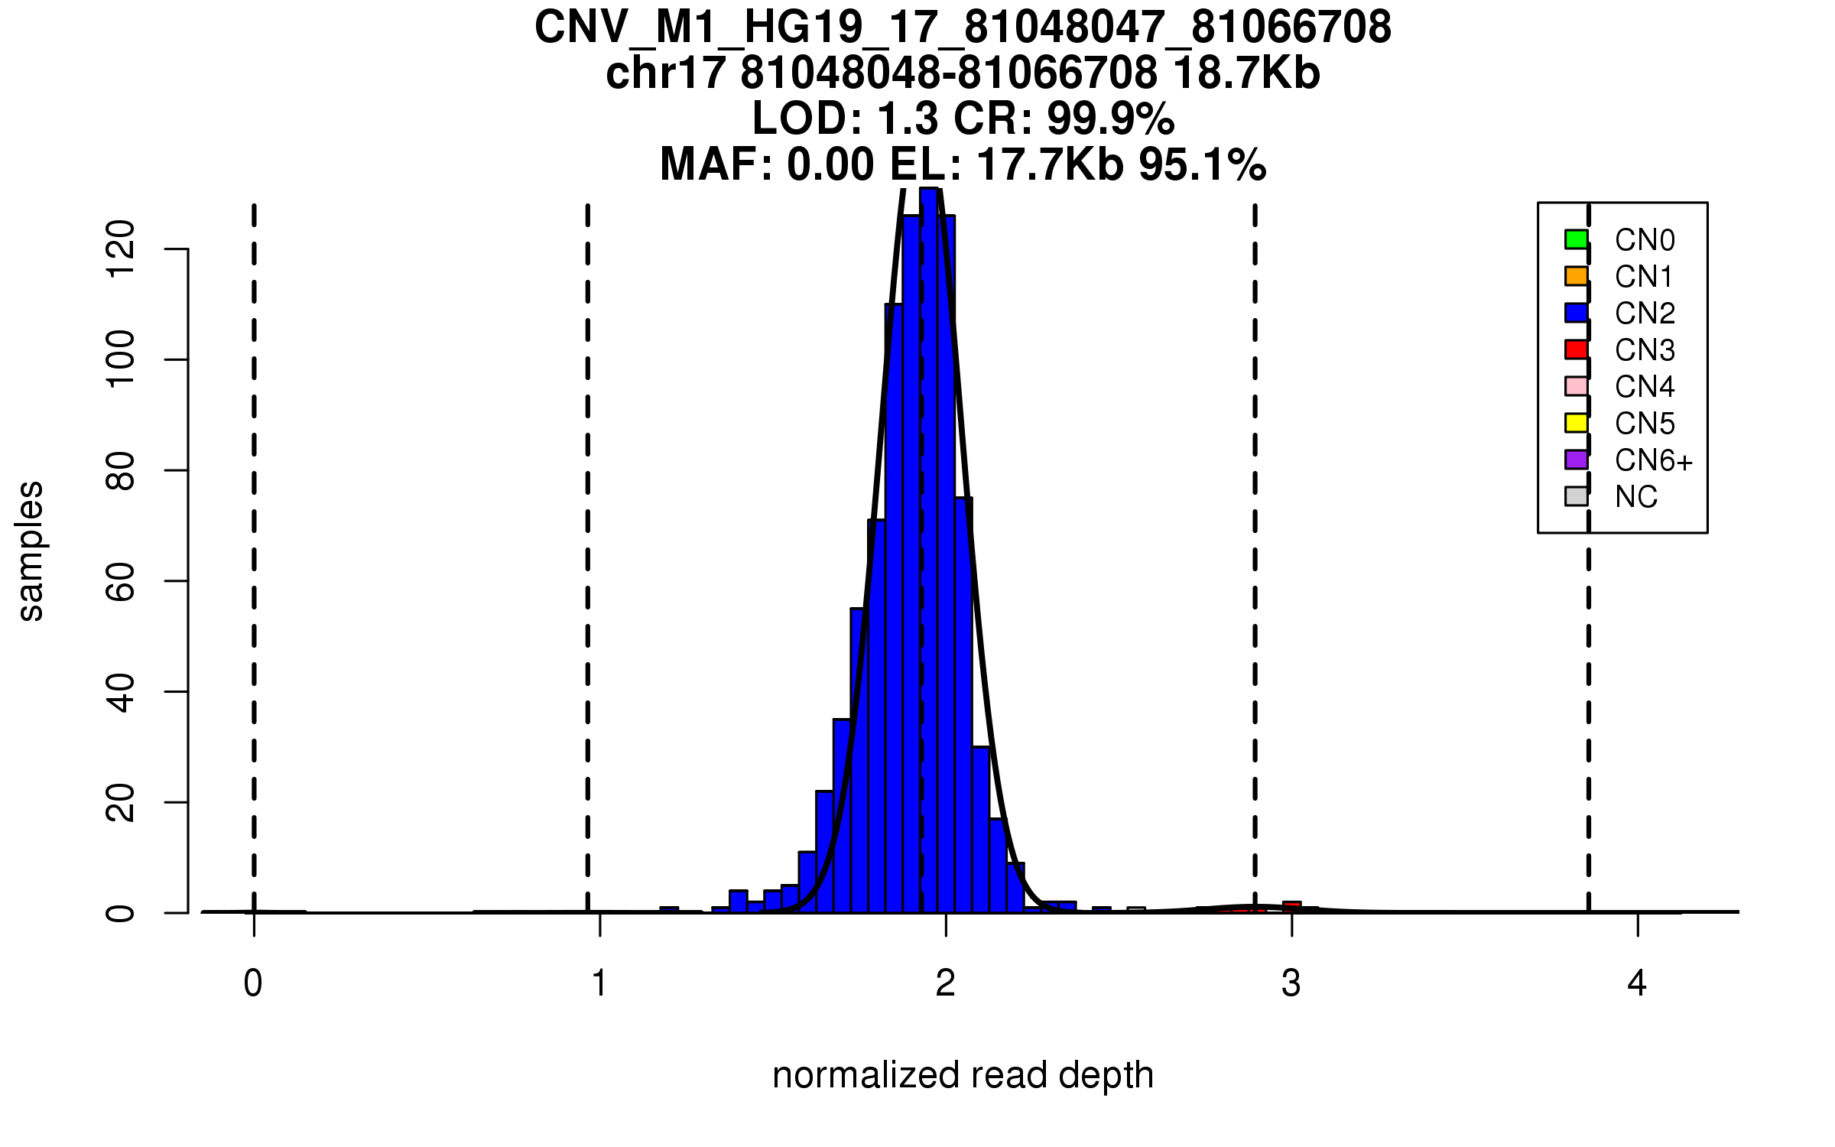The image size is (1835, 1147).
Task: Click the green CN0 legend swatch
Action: click(x=1576, y=239)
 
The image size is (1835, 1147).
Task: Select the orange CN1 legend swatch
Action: click(x=1576, y=276)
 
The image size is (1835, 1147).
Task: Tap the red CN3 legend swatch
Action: click(x=1576, y=349)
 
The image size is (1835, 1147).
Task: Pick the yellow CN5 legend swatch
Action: click(x=1576, y=423)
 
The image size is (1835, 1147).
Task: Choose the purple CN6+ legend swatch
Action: click(x=1576, y=460)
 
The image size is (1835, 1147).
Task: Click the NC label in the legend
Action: click(x=1635, y=498)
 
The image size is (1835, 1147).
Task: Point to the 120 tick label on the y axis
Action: click(x=120, y=249)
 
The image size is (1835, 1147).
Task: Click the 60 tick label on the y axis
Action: click(x=120, y=581)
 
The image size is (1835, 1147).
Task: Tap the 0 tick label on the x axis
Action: click(x=253, y=983)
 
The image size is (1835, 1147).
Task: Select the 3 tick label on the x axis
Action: click(x=1291, y=983)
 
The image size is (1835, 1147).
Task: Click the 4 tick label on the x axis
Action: click(x=1637, y=983)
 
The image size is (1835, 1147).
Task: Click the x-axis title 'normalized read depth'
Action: click(x=963, y=1075)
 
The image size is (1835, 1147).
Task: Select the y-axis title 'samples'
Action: click(x=31, y=551)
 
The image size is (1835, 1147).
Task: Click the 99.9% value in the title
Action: click(x=1110, y=119)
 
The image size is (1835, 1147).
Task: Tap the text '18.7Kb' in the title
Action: click(x=1246, y=73)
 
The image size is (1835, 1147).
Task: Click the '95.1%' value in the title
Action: click(x=1202, y=164)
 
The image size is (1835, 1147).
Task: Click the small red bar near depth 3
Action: click(x=1291, y=907)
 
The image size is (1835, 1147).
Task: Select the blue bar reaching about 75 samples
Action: click(x=963, y=703)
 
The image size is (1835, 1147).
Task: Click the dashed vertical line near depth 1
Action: click(x=587, y=535)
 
